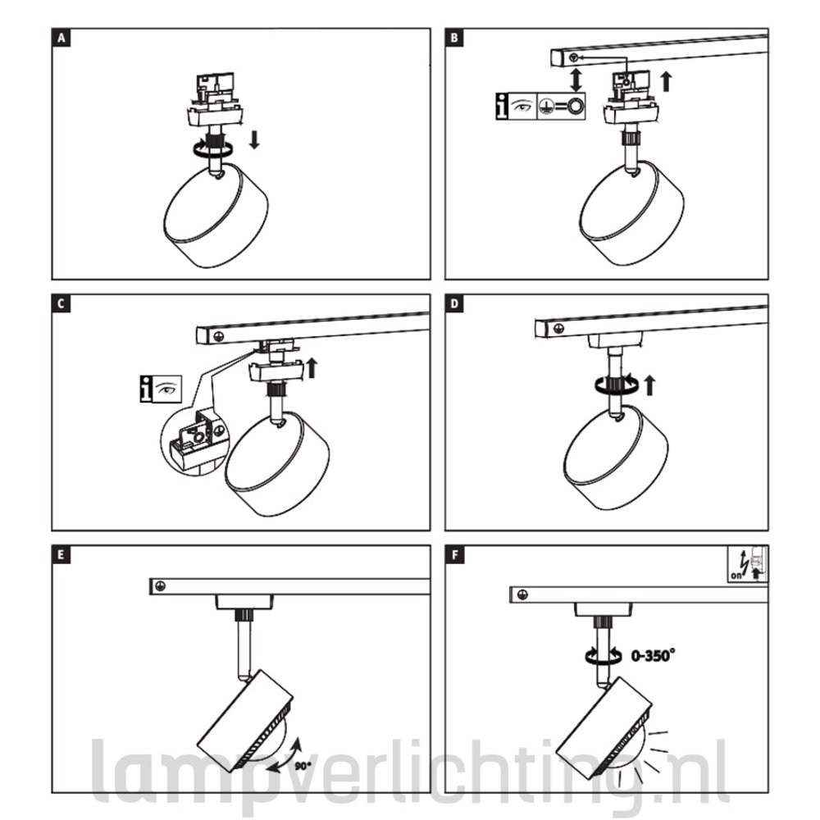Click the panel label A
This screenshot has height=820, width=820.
(x=61, y=39)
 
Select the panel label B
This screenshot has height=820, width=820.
(x=454, y=39)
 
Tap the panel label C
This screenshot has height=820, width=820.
(x=61, y=304)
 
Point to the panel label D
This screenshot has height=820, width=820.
(x=454, y=304)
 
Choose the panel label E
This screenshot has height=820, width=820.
(x=61, y=555)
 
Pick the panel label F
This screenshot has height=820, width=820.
(x=454, y=555)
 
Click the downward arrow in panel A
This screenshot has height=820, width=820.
(x=254, y=139)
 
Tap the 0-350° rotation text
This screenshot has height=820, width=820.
(x=653, y=655)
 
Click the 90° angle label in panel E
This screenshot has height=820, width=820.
(x=303, y=766)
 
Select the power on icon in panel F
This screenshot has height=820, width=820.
(x=748, y=564)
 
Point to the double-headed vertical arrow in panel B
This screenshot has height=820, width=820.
(x=576, y=79)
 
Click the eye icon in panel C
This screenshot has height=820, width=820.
(x=167, y=389)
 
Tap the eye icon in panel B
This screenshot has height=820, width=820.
(x=522, y=106)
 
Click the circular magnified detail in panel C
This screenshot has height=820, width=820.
(x=194, y=440)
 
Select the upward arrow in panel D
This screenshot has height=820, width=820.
(x=649, y=385)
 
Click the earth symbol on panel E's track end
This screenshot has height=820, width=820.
(x=161, y=586)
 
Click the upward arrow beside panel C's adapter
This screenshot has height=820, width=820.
(x=312, y=367)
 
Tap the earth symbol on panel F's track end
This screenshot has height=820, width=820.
(x=522, y=594)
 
